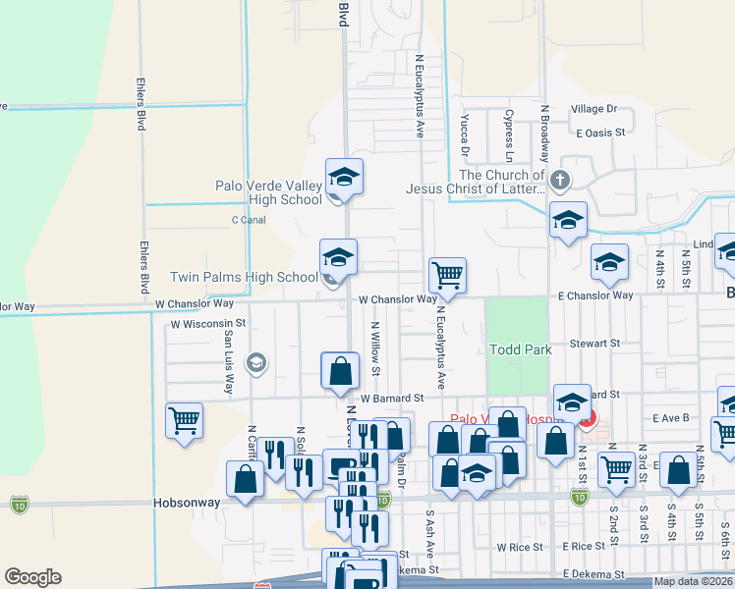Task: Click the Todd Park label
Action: (521, 349)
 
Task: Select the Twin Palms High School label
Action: (244, 278)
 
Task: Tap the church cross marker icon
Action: (559, 180)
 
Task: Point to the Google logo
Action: (32, 577)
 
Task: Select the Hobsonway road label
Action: (185, 501)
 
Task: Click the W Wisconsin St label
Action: (207, 323)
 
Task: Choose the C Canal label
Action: (249, 220)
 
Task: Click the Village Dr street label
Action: (594, 109)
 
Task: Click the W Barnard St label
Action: (390, 399)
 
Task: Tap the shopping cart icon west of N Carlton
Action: (184, 422)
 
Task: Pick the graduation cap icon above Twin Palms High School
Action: (338, 257)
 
